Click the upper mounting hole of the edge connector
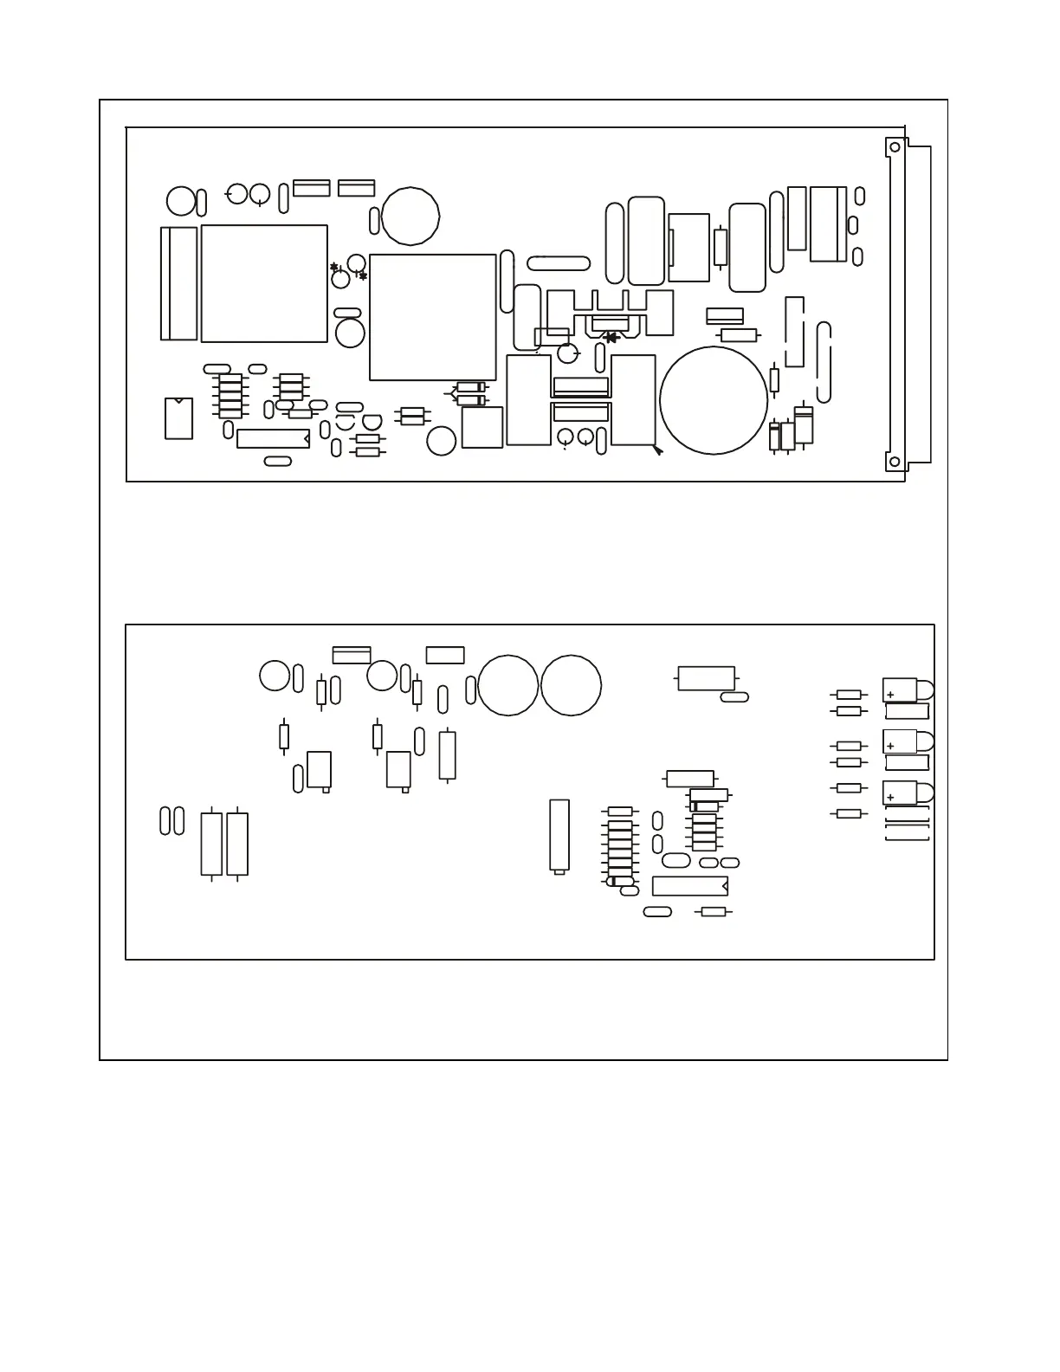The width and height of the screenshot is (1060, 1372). tap(895, 148)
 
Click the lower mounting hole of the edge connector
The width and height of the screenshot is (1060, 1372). tap(895, 462)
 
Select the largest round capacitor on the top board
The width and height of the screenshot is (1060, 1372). tap(714, 400)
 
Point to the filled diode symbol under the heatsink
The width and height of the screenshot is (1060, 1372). tap(611, 338)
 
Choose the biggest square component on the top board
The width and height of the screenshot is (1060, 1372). tap(433, 317)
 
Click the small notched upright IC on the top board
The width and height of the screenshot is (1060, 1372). tap(178, 418)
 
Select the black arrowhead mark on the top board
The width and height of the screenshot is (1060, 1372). tap(658, 450)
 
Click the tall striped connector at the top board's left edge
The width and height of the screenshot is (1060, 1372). tap(179, 283)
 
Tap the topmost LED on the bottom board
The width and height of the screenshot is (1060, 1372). tap(908, 690)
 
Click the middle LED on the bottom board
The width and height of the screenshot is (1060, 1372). tap(908, 742)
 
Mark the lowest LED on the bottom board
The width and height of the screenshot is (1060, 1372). tap(908, 793)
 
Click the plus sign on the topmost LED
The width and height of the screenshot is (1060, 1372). tap(890, 695)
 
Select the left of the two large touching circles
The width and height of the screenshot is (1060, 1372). tap(508, 685)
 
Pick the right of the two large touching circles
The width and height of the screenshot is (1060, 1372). tap(572, 685)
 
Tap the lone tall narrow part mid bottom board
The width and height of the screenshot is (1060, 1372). tap(560, 836)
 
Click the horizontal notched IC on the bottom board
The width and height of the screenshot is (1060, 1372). tap(689, 886)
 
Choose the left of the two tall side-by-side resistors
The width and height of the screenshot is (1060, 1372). tap(211, 844)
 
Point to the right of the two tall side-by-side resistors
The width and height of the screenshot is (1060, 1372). tap(237, 844)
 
